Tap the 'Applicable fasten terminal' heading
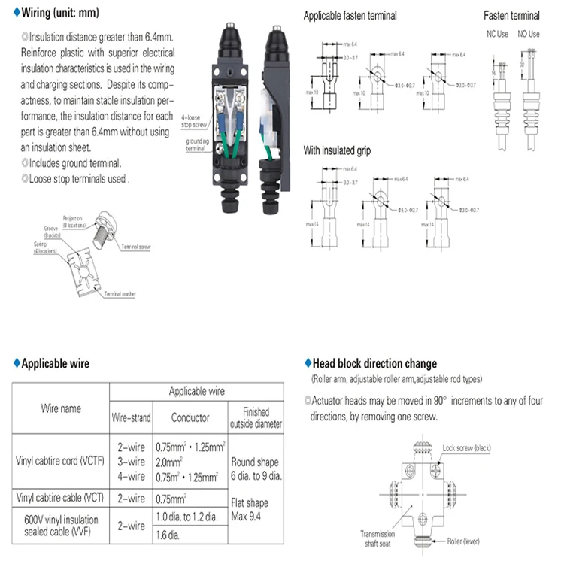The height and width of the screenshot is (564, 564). (350, 16)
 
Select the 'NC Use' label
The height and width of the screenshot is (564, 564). (497, 34)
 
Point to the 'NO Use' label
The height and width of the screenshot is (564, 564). (528, 34)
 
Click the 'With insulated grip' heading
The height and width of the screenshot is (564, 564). (337, 151)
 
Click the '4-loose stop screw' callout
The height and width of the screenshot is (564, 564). (192, 121)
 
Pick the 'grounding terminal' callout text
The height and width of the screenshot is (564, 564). (197, 144)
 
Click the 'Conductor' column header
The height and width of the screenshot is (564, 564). (190, 417)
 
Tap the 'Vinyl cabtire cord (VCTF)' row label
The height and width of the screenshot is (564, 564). (61, 460)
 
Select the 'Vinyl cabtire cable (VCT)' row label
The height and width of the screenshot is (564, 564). (61, 497)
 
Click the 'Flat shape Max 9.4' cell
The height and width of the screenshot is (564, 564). (256, 508)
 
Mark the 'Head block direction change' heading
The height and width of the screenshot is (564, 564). (371, 364)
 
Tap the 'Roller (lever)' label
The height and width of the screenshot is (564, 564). (463, 541)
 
